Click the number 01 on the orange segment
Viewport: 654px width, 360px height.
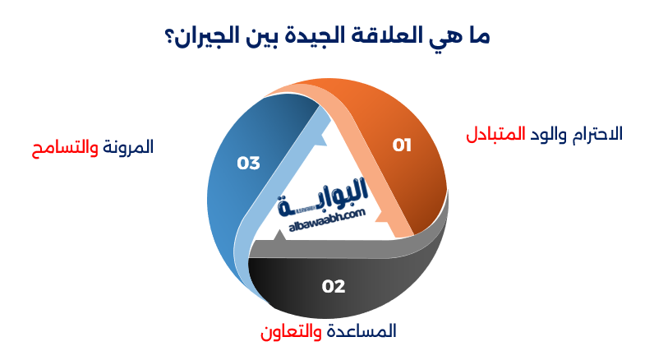(x=402, y=145)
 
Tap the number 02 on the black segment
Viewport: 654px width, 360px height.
(x=334, y=287)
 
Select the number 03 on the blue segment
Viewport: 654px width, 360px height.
(x=248, y=163)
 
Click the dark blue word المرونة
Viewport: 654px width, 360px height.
(x=127, y=148)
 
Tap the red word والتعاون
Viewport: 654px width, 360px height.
(x=289, y=331)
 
